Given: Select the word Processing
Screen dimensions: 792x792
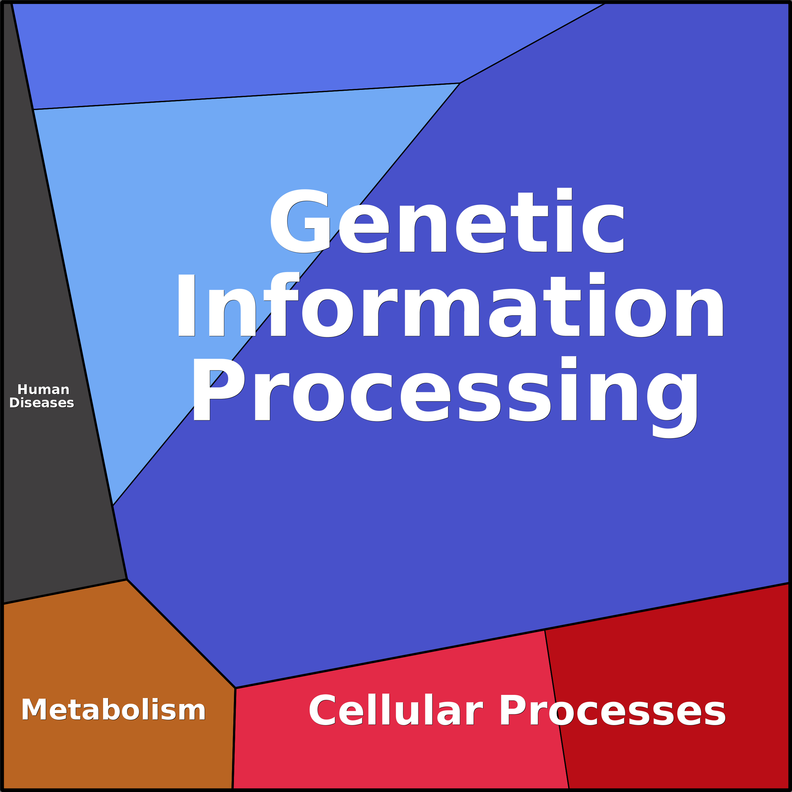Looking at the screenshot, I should (445, 392).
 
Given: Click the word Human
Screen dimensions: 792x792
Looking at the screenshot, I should (44, 389).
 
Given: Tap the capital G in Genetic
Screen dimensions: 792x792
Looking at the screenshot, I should (300, 221).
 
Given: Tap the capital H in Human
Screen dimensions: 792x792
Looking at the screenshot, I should (22, 389).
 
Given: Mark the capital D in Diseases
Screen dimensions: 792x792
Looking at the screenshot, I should (15, 403).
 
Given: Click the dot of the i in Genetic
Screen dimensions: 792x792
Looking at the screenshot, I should (564, 194).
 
